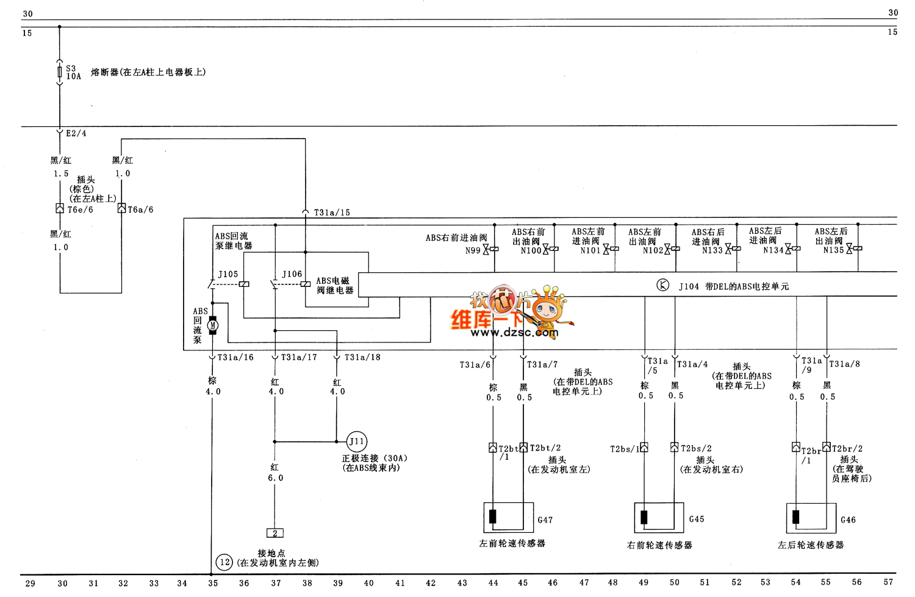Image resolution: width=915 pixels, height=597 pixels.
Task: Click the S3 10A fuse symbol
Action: point(59,73)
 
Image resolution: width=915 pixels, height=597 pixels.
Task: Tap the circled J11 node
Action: point(357,441)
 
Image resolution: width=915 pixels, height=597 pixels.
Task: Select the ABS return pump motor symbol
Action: point(212,325)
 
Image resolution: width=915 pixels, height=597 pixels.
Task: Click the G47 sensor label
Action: point(545,520)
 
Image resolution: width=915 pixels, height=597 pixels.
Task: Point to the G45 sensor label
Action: point(697,519)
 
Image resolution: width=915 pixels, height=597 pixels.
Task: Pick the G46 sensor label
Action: point(848,520)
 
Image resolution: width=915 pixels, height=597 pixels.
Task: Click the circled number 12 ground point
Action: point(224,562)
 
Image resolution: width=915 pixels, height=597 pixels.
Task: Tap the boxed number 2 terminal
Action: point(275,533)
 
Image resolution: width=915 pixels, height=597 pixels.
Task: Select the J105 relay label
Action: point(228,274)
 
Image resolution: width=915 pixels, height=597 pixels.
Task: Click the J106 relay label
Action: point(292,274)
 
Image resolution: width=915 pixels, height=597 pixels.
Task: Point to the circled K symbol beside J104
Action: point(662,285)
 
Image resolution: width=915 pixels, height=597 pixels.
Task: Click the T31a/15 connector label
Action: point(332,212)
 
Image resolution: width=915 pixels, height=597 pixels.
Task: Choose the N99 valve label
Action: point(473,250)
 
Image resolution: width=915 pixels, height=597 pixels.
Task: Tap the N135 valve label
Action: point(833,250)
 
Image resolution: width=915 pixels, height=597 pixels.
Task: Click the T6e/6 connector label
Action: point(80,209)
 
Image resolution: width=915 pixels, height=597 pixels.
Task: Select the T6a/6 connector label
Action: point(140,209)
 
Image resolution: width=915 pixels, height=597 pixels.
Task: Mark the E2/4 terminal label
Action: point(76,133)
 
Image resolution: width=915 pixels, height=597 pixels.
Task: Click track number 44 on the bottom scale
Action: point(493,583)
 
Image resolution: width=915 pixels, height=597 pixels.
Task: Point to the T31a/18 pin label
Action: point(362,357)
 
